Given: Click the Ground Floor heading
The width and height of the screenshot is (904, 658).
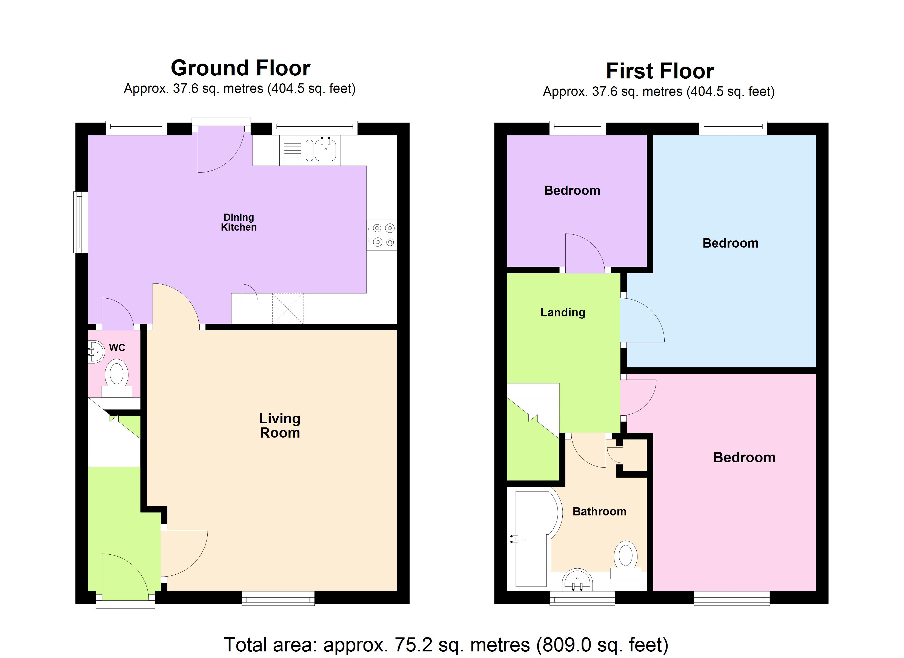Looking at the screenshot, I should point(240,68).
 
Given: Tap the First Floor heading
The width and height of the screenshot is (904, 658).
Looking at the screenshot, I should point(660,71).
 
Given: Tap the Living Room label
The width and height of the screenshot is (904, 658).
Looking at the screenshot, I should point(280,425).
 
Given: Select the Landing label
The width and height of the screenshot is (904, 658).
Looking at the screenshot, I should point(562,313).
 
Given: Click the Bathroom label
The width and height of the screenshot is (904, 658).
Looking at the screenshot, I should point(599,512).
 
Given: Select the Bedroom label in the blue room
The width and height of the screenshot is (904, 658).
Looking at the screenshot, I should point(730,243).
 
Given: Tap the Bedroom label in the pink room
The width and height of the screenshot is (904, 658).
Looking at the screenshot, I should point(744,457).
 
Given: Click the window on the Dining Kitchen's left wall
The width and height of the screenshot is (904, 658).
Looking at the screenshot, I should point(81,222).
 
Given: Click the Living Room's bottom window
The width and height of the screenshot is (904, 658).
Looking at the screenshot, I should point(278,598).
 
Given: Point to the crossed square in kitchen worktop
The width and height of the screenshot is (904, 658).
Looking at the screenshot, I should point(287,308).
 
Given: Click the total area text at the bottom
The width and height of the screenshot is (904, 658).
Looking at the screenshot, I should point(446,645).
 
